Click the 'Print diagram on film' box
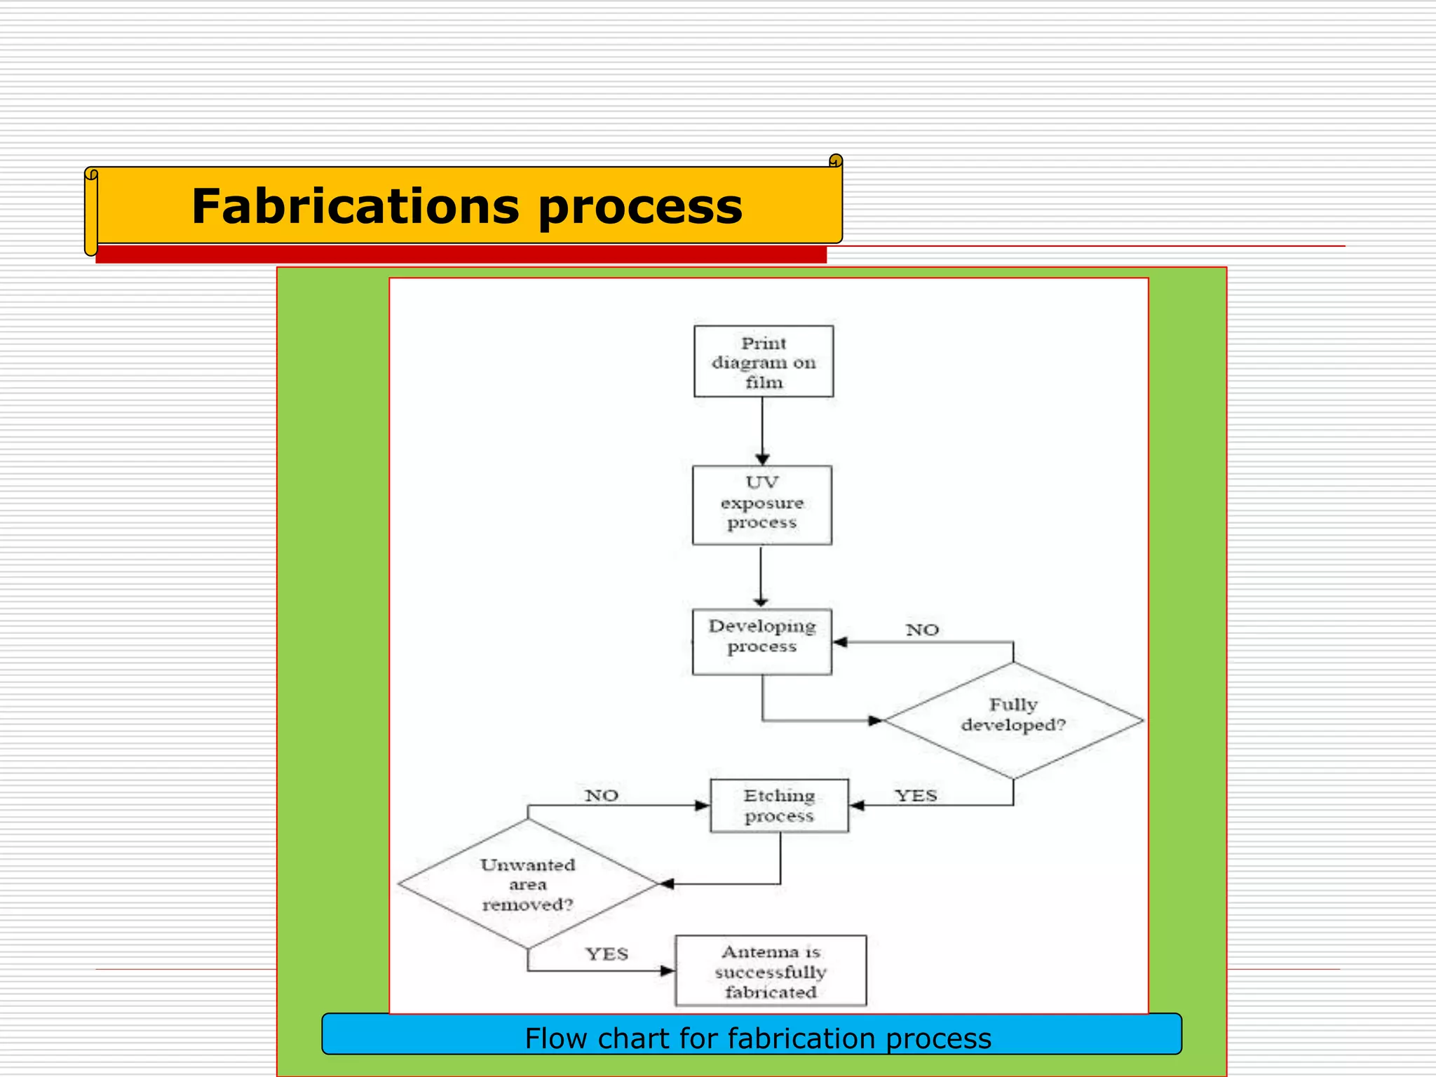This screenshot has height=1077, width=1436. coord(764,361)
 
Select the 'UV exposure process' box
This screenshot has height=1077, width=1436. coord(761,505)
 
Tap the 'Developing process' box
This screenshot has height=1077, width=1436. coord(761,642)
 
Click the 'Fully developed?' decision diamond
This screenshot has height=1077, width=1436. coord(1013,720)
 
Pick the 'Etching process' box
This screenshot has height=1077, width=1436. coord(779,806)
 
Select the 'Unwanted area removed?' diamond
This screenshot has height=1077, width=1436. coord(527,884)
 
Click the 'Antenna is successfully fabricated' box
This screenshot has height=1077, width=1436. coord(771,971)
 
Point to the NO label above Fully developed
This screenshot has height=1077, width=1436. coord(921,630)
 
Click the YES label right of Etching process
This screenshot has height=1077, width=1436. coord(916,795)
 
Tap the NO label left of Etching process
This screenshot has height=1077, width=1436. coord(602,795)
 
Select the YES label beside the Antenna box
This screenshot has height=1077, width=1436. coord(607,954)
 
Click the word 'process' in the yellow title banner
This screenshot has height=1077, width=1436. coord(639,208)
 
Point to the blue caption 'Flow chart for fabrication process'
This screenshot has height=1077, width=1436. coord(757,1038)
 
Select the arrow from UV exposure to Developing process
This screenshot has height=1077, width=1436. coord(761,575)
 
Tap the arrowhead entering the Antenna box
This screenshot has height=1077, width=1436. coord(667,971)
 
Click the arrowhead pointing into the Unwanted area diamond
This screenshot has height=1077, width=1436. coord(667,884)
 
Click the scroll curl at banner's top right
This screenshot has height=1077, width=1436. coord(835,161)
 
